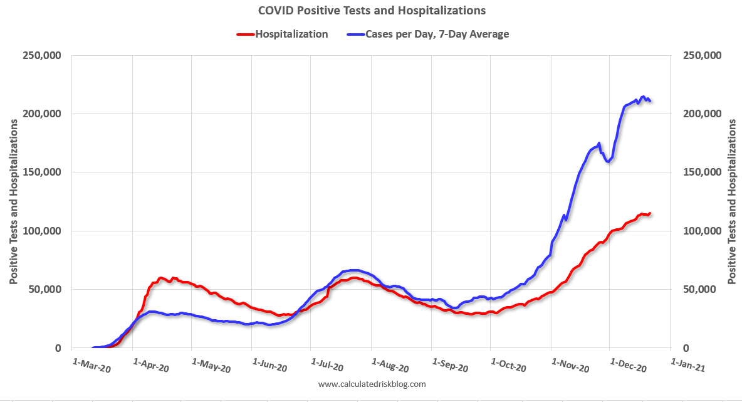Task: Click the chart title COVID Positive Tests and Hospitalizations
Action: coord(372,11)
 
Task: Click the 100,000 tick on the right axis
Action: coord(701,231)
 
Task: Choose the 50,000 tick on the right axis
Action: coord(699,289)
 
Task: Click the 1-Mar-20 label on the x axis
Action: coord(91,365)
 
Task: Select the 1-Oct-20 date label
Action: coord(508,365)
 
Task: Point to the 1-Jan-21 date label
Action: coord(687,365)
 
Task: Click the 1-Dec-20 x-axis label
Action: coord(628,365)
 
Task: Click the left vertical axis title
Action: coord(13,202)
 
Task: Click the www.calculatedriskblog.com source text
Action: coord(372,384)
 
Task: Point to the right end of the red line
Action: coord(650,213)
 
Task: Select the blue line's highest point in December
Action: coord(644,97)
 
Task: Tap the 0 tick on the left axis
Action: coord(57,348)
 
